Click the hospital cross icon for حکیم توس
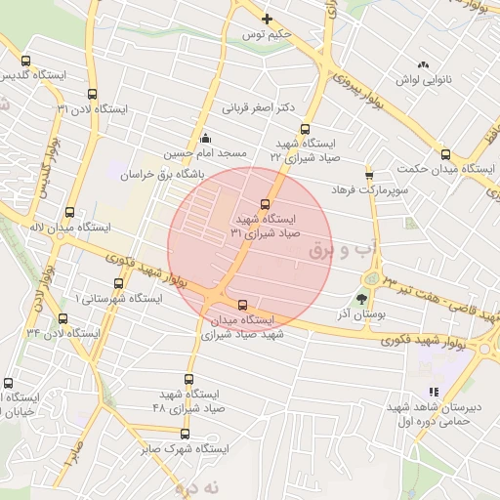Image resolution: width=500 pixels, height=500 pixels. [x=267, y=18]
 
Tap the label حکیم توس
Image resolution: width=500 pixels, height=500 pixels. [x=267, y=34]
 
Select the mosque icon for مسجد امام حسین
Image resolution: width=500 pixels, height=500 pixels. [x=204, y=138]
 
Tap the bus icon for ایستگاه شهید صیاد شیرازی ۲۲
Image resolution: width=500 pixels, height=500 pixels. [x=305, y=128]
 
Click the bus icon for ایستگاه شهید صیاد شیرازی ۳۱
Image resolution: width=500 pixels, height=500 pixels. [x=267, y=204]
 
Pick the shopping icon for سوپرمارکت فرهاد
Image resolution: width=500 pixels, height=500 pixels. [x=369, y=175]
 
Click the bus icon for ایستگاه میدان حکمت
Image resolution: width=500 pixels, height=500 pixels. [x=445, y=153]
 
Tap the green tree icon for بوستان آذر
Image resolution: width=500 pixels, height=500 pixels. [x=362, y=300]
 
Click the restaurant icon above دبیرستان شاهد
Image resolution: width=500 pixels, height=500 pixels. [x=434, y=392]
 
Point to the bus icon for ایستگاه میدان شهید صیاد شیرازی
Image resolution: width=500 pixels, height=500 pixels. [x=243, y=304]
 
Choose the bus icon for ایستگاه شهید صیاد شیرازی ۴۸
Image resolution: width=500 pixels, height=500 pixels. [x=188, y=379]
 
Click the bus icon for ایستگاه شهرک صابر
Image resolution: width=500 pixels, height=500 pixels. [x=185, y=435]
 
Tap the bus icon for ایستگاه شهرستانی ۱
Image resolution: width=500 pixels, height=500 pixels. [x=118, y=283]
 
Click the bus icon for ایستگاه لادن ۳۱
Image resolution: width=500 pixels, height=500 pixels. [x=92, y=95]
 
